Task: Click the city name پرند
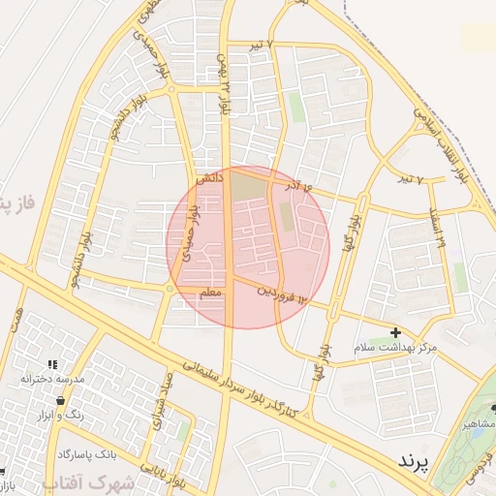point(418,461)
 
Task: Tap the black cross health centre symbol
point(395,332)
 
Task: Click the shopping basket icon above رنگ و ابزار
point(60,400)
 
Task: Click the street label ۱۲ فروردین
point(288,294)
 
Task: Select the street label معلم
point(210,292)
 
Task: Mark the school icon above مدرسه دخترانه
point(52,363)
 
